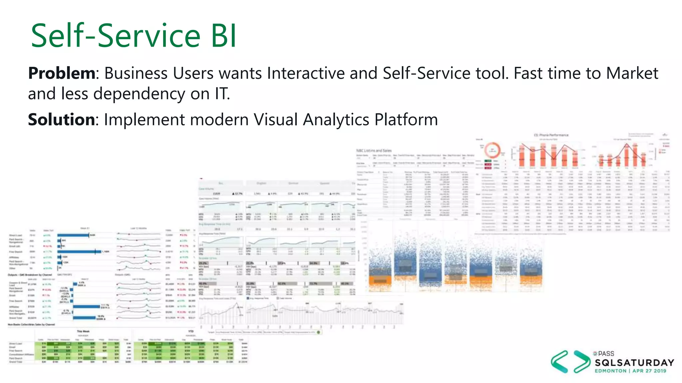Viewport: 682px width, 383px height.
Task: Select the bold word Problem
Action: (62, 73)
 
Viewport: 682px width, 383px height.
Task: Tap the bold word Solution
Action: (62, 119)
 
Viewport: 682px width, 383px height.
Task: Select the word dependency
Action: (139, 94)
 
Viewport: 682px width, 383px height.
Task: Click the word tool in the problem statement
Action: (492, 73)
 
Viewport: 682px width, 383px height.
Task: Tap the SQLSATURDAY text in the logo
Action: (634, 362)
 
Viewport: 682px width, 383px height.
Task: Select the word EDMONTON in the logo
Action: (610, 371)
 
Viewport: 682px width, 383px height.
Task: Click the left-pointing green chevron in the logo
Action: (559, 361)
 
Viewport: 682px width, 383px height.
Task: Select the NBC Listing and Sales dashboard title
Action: (374, 151)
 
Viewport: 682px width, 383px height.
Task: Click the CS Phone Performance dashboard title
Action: (551, 135)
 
